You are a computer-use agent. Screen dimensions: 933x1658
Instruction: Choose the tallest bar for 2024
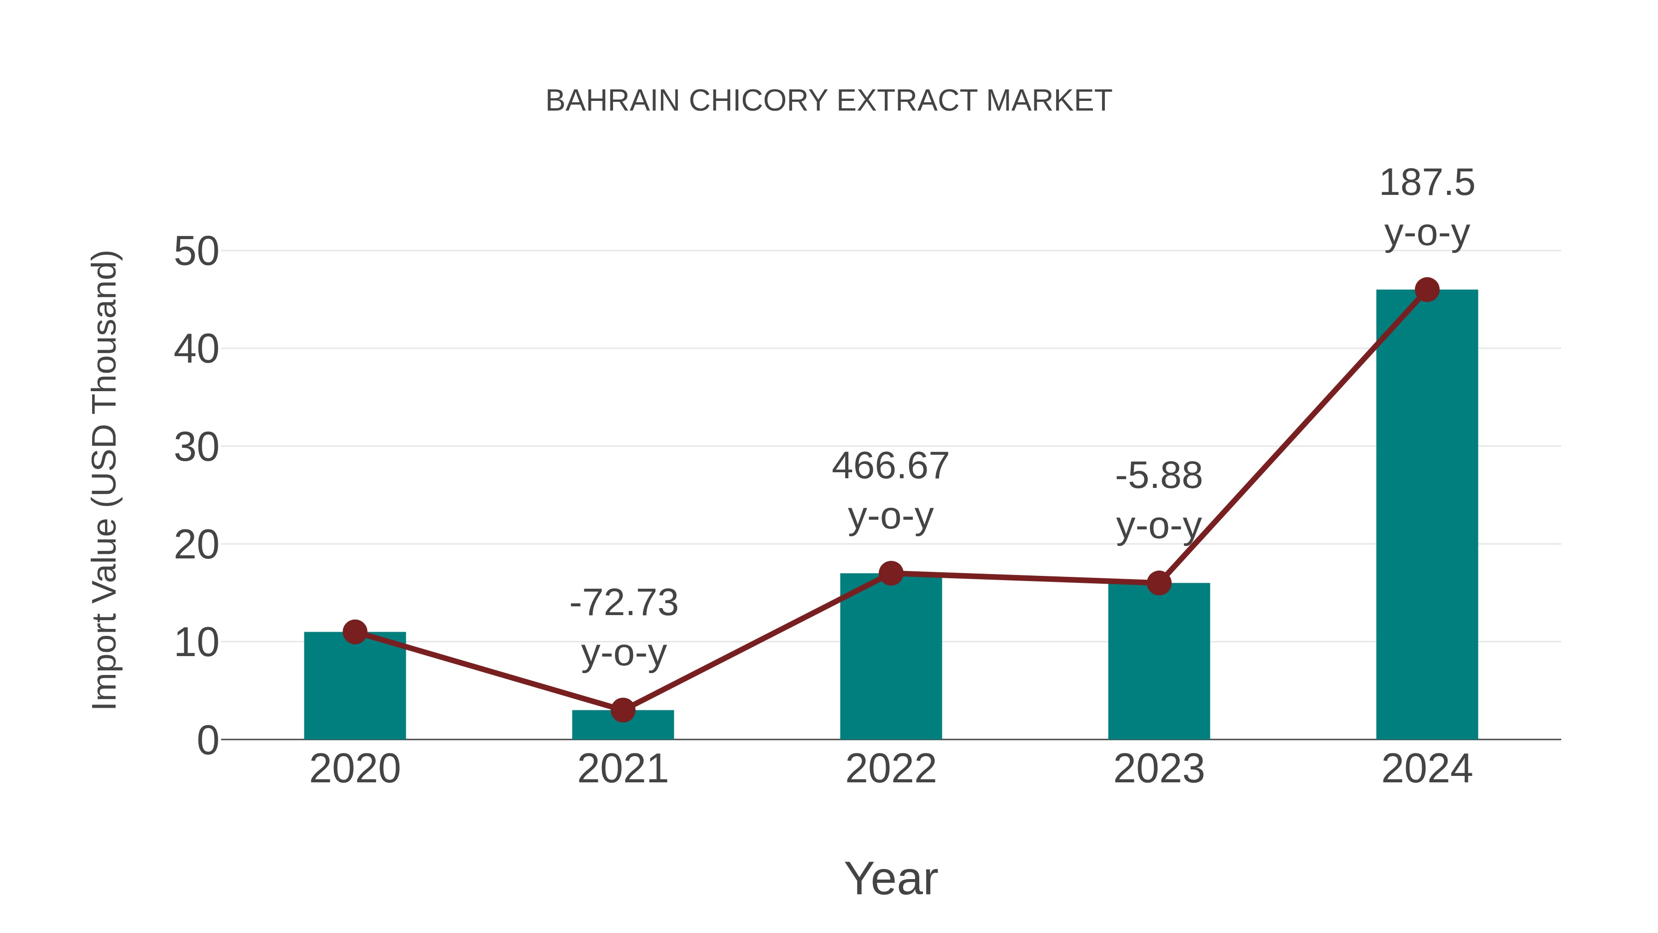(x=1427, y=515)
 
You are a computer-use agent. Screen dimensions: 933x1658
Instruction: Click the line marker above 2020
(x=355, y=632)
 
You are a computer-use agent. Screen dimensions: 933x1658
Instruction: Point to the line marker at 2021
(x=622, y=710)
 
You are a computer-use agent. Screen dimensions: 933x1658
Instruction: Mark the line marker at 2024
(x=1427, y=290)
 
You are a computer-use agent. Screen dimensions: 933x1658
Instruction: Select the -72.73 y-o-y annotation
(x=623, y=628)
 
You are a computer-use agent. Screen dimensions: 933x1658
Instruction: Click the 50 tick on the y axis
(x=196, y=251)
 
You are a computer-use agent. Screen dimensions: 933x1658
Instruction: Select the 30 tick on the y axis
(x=196, y=447)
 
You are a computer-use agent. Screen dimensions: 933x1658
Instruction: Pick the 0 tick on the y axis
(x=207, y=740)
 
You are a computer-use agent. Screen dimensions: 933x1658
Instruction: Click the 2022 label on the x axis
(x=891, y=769)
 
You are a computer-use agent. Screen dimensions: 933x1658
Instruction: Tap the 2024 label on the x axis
(x=1427, y=769)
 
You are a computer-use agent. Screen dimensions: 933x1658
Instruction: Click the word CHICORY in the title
(x=758, y=101)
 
